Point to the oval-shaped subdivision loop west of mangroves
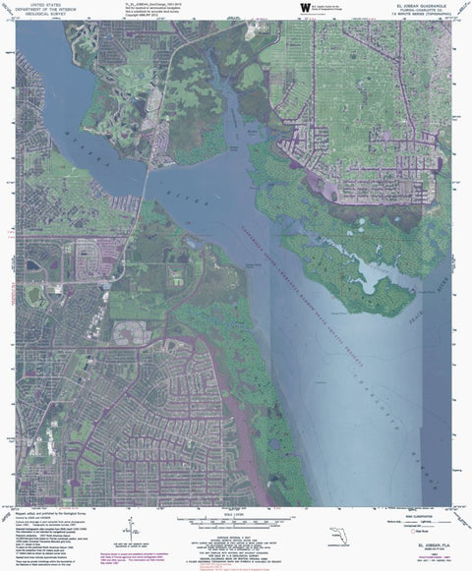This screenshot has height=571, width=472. (131, 333)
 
